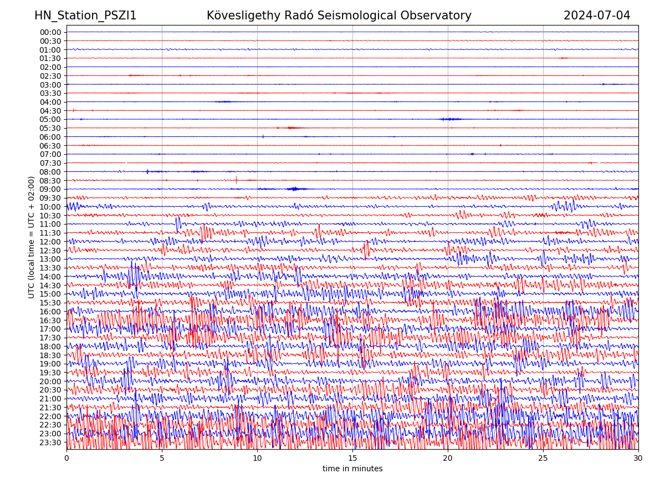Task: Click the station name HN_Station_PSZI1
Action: tap(85, 16)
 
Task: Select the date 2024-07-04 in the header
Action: tap(597, 16)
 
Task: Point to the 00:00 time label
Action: tap(50, 32)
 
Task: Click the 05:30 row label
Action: tap(50, 128)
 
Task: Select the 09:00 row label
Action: tap(50, 189)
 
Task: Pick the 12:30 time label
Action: tap(50, 251)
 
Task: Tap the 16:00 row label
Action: tap(50, 312)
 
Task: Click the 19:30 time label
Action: tap(50, 373)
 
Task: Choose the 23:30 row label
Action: tap(50, 442)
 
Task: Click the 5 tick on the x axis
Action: tap(162, 459)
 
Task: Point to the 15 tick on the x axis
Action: tap(352, 459)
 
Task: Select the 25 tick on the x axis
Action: tap(543, 459)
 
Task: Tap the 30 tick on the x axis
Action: tap(638, 459)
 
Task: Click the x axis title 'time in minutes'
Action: tap(352, 469)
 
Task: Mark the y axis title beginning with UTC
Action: tap(32, 237)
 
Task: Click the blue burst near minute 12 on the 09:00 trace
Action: tap(294, 189)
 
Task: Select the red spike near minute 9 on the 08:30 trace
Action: tap(236, 180)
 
